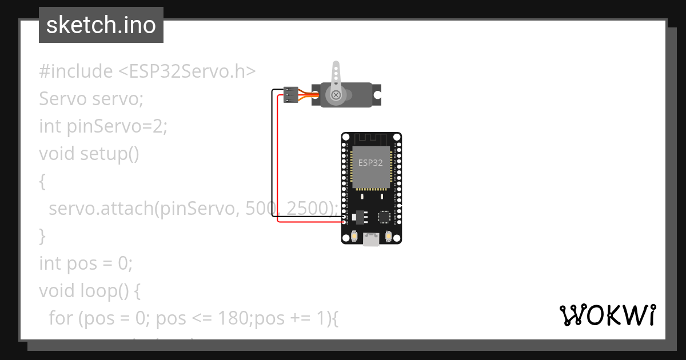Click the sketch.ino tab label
(101, 25)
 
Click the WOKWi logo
(607, 315)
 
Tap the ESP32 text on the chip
(370, 163)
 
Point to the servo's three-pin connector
(291, 95)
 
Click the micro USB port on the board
(372, 241)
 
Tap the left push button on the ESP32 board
(354, 235)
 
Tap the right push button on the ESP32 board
(389, 235)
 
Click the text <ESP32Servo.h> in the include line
(187, 71)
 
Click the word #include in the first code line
(76, 71)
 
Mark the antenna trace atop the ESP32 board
(372, 138)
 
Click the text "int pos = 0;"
(86, 263)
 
